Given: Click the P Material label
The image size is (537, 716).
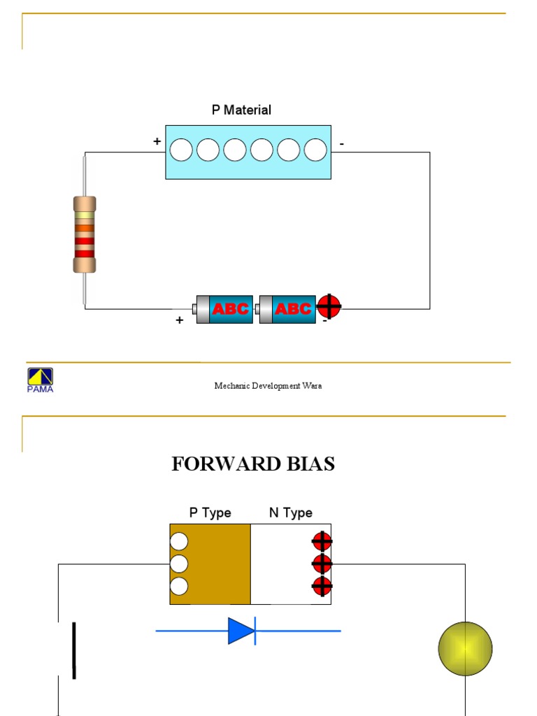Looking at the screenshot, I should tap(241, 110).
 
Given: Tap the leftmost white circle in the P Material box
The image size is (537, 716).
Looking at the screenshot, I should tap(181, 150).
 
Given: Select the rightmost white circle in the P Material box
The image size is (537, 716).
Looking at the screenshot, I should tap(315, 150).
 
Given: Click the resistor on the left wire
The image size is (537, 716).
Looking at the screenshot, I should tap(84, 234).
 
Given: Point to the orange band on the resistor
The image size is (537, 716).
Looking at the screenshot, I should tap(84, 227).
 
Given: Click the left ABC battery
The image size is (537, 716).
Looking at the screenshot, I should tap(222, 308).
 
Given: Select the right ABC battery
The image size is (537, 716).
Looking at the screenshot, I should tap(286, 308).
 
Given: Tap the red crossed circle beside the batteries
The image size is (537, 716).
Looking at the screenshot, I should tap(329, 306).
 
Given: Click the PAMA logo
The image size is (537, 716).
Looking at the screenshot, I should tap(40, 380).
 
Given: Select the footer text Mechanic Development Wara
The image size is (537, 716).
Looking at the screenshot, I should tap(268, 386).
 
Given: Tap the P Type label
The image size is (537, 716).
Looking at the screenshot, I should tap(210, 513).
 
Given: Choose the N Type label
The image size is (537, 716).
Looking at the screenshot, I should tap(290, 513).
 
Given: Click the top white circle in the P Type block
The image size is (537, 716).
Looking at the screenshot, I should tap(179, 541).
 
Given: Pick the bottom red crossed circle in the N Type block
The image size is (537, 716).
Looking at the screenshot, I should tap(322, 586).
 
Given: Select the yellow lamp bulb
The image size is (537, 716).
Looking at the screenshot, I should tap(465, 648).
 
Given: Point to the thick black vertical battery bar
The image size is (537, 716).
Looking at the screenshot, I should tap(73, 650).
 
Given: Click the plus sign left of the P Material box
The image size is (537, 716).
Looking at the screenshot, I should tap(157, 142).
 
